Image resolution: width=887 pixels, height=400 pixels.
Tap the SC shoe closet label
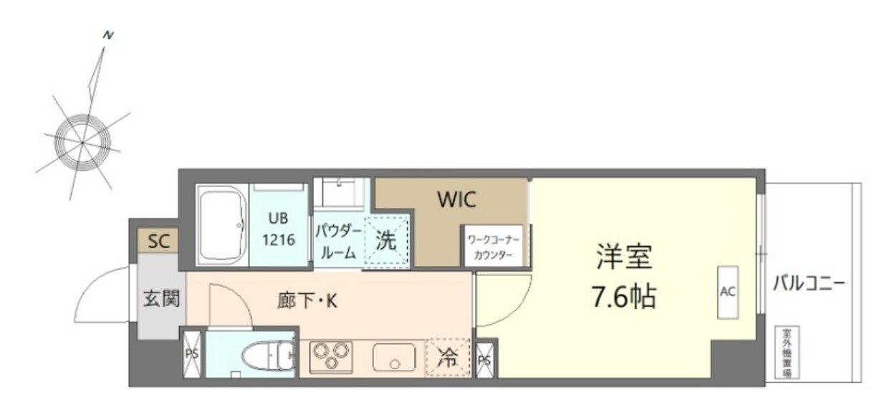(158, 242)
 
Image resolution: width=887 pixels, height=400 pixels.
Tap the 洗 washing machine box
(387, 240)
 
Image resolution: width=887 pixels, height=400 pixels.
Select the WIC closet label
(456, 201)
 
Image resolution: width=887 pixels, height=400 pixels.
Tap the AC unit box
(729, 291)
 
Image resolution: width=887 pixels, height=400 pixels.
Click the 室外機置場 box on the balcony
(787, 353)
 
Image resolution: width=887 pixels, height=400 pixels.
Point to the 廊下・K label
(307, 301)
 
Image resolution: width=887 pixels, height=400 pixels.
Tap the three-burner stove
(330, 356)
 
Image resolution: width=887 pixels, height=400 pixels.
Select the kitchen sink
(393, 357)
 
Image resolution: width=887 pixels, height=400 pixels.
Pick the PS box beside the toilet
(191, 354)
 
